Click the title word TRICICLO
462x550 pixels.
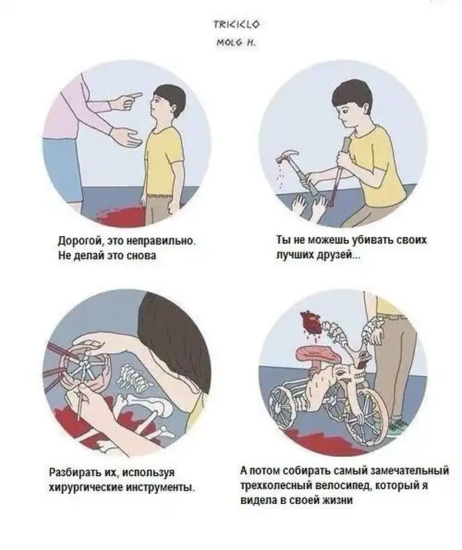237,24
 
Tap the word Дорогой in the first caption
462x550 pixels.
80,242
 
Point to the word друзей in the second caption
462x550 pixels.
342,255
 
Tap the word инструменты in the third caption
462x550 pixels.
160,487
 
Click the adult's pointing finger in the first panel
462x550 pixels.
136,95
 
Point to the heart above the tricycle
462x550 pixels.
311,322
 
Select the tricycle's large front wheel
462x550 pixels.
363,415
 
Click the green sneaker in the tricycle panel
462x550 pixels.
397,426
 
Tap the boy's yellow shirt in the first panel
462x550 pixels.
164,161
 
